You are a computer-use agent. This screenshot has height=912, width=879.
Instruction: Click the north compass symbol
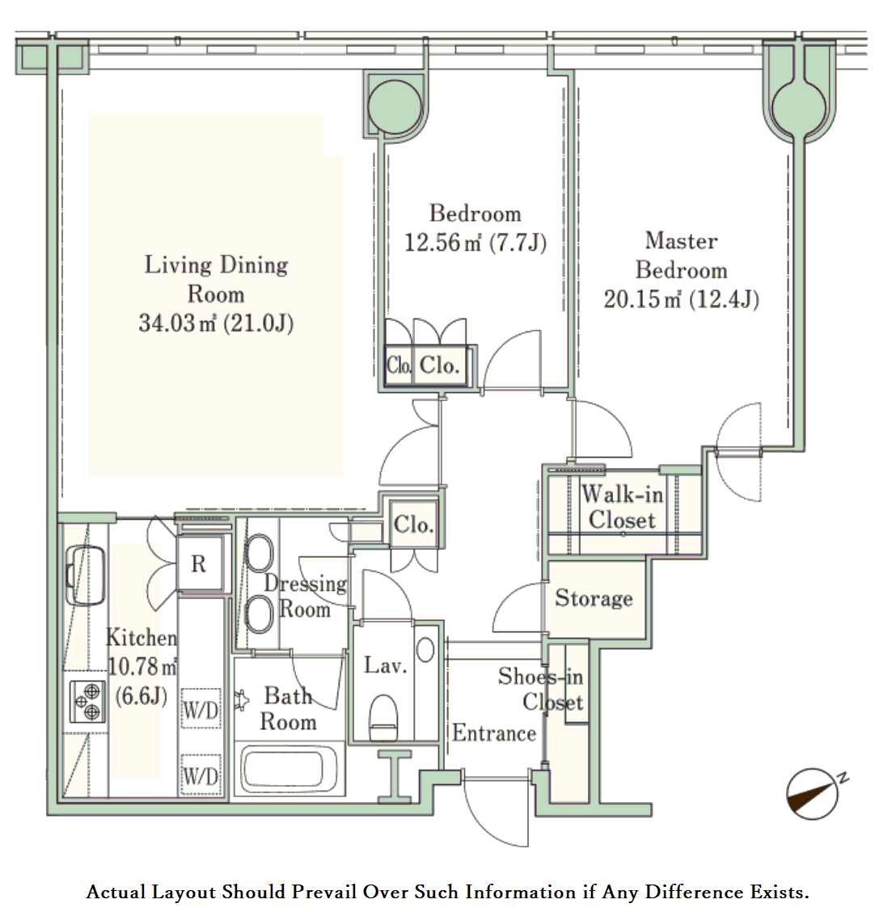coord(814,794)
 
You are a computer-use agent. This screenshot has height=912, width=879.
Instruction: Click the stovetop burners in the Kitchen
coord(87,701)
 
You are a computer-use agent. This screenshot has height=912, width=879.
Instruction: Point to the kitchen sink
coord(86,575)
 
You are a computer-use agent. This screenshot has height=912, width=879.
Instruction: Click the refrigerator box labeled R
coord(199,564)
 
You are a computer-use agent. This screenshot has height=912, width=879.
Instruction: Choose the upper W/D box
coord(201,709)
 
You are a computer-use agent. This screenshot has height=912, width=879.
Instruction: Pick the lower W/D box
coord(201,775)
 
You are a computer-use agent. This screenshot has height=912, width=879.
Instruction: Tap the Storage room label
coord(594,598)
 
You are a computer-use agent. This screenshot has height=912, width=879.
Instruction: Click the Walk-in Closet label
coord(622,507)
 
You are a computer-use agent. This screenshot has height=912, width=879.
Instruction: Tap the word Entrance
coord(494,733)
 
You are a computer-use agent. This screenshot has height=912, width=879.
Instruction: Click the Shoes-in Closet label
coord(540,689)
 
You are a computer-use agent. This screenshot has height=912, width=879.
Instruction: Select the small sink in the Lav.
coord(425,649)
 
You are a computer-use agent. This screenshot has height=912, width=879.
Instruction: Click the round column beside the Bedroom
coord(395,107)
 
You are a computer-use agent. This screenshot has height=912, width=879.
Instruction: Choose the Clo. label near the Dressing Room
coord(413,525)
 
